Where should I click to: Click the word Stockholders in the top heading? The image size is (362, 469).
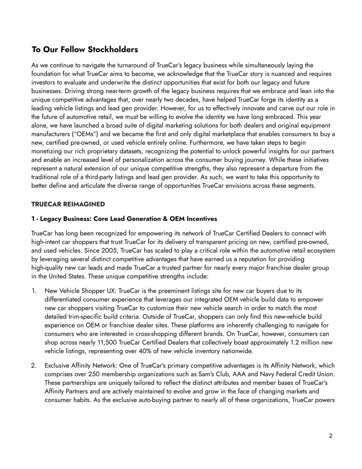pyautogui.click(x=113, y=49)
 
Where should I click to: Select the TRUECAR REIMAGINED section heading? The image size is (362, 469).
pyautogui.click(x=68, y=204)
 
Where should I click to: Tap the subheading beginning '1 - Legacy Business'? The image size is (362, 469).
pyautogui.click(x=124, y=219)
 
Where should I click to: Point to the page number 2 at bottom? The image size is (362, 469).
pyautogui.click(x=330, y=436)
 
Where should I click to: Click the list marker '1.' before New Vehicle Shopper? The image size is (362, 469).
pyautogui.click(x=34, y=291)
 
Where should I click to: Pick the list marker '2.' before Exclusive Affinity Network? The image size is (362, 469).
pyautogui.click(x=34, y=365)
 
